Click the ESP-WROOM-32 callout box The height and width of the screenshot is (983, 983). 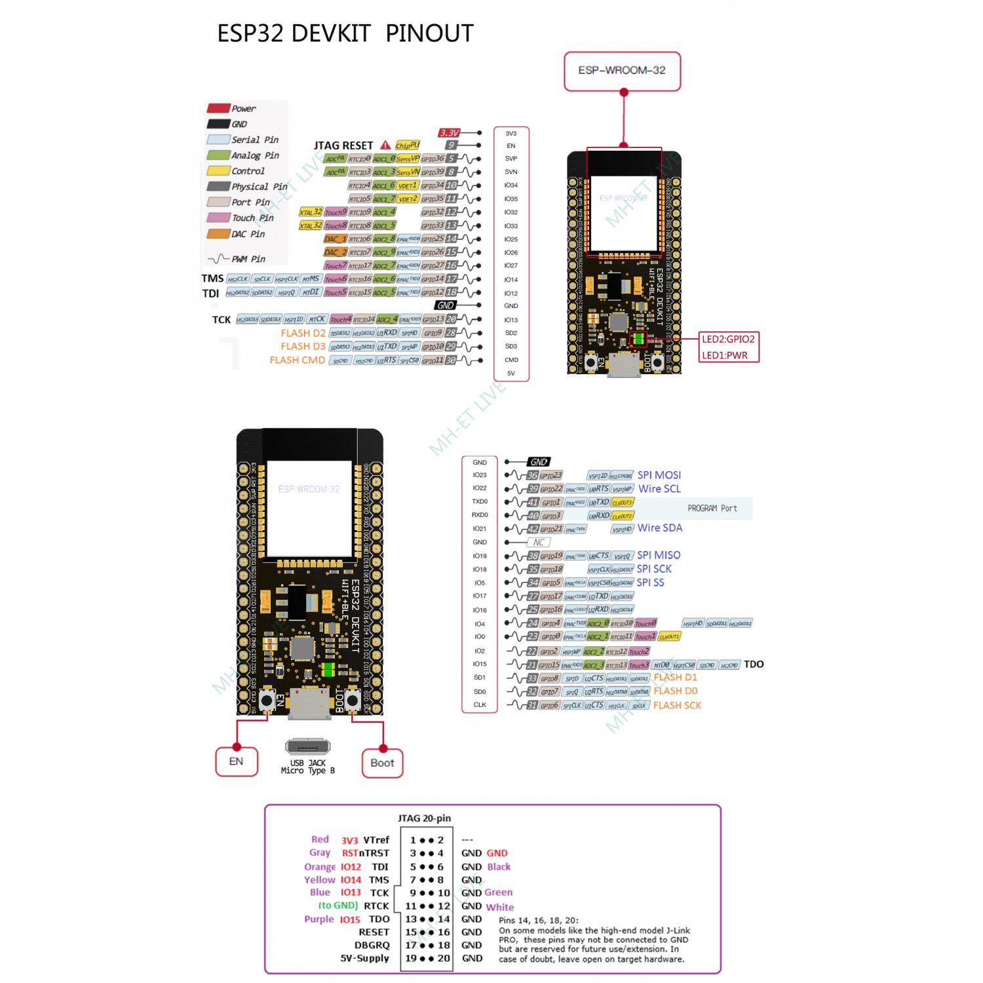click(622, 71)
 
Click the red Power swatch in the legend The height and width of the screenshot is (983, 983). click(218, 108)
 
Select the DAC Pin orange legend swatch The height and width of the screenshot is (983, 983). click(218, 234)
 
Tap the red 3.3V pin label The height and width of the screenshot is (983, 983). click(450, 133)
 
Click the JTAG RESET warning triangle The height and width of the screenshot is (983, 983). click(385, 145)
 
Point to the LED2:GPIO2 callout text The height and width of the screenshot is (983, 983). click(728, 339)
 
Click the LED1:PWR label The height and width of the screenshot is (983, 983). click(724, 355)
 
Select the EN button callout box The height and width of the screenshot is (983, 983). click(237, 761)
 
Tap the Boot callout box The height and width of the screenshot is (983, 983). click(382, 763)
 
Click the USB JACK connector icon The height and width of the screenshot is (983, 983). click(307, 746)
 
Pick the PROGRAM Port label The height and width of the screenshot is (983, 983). click(712, 509)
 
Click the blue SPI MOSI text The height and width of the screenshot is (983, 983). click(659, 475)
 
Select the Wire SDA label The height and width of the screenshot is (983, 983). click(659, 528)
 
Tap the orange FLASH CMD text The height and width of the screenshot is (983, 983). click(297, 360)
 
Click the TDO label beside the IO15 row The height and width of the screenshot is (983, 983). click(754, 665)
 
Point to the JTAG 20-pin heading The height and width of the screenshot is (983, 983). click(424, 819)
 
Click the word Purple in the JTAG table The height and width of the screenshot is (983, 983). click(318, 919)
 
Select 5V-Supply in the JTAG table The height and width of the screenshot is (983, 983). click(364, 958)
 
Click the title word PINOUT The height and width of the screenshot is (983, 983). click(429, 33)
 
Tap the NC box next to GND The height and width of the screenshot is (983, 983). click(538, 543)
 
